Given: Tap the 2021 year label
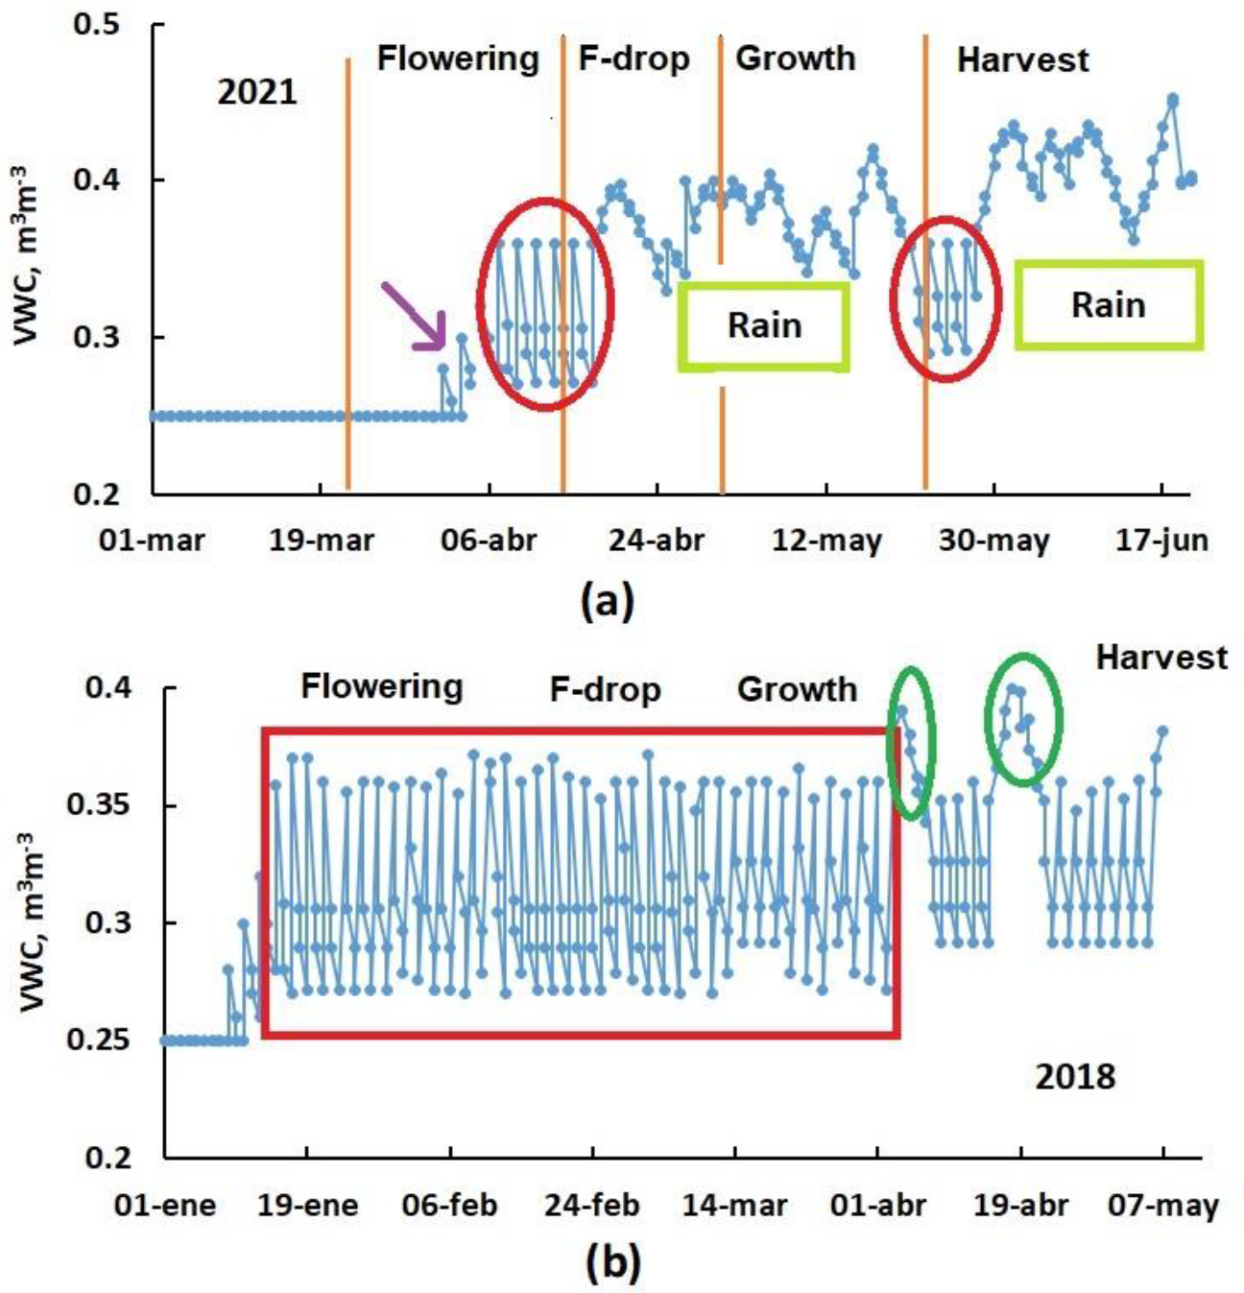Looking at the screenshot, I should tap(256, 93).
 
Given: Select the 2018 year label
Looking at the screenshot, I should tap(1075, 1077).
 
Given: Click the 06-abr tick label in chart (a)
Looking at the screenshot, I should tap(489, 539).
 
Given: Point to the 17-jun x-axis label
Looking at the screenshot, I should tap(1161, 539).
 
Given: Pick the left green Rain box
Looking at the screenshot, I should tap(763, 326).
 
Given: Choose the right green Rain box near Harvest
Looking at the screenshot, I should tap(1108, 305).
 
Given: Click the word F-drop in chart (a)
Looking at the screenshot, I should tap(634, 60).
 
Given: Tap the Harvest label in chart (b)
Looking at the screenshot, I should tap(1161, 658).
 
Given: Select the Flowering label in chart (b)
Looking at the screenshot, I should tap(381, 687).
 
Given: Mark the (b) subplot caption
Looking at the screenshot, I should tap(611, 1264).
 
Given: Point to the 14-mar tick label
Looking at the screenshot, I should tap(735, 1205).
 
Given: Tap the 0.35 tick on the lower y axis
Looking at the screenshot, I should tap(99, 804).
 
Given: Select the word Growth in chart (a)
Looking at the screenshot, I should tap(795, 59).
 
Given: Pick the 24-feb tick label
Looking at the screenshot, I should tap(591, 1205).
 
